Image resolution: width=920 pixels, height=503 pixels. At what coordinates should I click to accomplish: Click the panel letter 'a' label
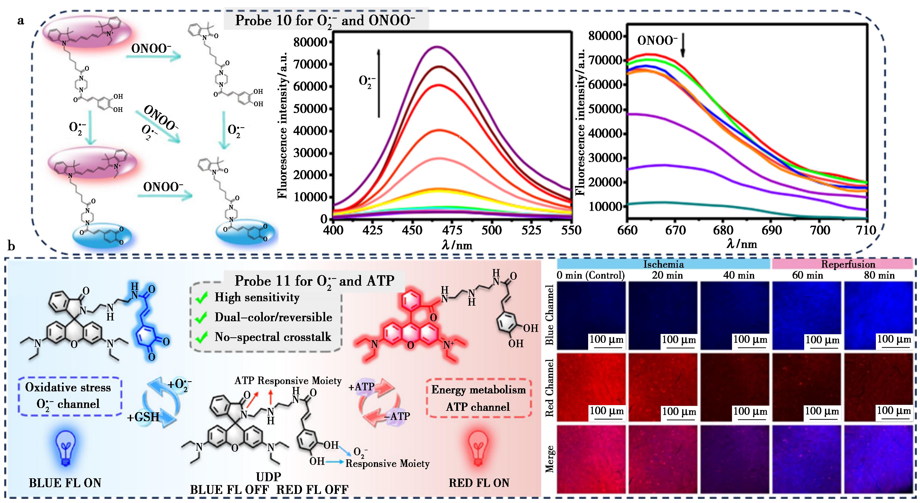[x=21, y=21]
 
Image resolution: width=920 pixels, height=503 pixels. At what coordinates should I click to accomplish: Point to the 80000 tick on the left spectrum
[x=310, y=42]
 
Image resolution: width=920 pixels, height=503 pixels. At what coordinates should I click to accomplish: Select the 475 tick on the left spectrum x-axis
[x=452, y=230]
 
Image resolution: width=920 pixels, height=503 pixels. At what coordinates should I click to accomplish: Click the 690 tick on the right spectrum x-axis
[x=771, y=230]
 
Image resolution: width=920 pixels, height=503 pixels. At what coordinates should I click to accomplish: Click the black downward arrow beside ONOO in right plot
[x=682, y=48]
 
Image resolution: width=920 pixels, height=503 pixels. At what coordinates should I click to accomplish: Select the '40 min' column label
[x=738, y=276]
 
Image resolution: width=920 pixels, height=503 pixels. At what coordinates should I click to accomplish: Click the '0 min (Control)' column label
[x=591, y=276]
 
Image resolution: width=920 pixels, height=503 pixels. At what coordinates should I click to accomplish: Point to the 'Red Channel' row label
[x=549, y=388]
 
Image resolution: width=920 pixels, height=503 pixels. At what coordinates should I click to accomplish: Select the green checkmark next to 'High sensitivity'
[x=202, y=298]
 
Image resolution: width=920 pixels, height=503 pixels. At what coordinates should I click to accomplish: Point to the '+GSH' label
[x=143, y=417]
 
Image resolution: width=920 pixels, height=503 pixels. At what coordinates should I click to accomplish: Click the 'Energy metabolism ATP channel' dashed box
[x=479, y=398]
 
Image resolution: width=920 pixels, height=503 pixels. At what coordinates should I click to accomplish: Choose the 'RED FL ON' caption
[x=479, y=483]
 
